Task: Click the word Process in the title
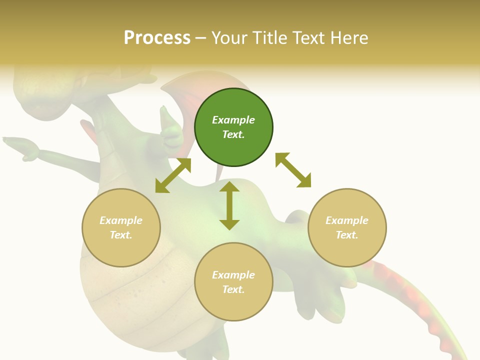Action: (157, 38)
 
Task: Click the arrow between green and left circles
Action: (173, 175)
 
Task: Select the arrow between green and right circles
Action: (293, 170)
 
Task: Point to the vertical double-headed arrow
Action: (229, 205)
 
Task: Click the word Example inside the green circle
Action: (233, 120)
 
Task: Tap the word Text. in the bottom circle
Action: (233, 289)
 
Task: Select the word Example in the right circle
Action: (347, 220)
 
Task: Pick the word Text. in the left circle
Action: (121, 235)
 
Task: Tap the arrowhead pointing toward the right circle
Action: (304, 180)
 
